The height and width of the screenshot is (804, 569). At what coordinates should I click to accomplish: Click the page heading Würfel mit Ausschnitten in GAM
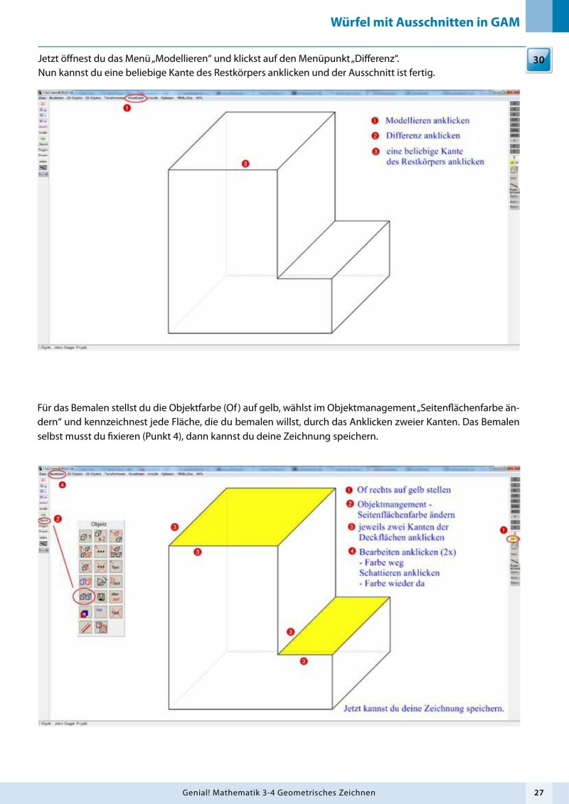coord(425,21)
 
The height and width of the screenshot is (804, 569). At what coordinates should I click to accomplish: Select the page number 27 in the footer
coord(538,792)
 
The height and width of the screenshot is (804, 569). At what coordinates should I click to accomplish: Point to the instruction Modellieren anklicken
coord(427,121)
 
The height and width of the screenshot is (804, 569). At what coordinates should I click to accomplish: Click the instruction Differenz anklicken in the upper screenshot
coord(422,136)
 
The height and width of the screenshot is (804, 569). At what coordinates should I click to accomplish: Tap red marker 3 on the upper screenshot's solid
coord(245,164)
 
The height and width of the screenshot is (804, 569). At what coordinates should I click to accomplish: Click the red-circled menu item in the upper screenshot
coord(137,97)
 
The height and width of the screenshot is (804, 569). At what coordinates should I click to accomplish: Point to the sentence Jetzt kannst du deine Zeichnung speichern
coord(424,708)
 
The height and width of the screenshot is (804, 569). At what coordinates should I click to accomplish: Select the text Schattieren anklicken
coord(399,572)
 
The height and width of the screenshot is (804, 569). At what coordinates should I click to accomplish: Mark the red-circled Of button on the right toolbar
coord(513,540)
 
